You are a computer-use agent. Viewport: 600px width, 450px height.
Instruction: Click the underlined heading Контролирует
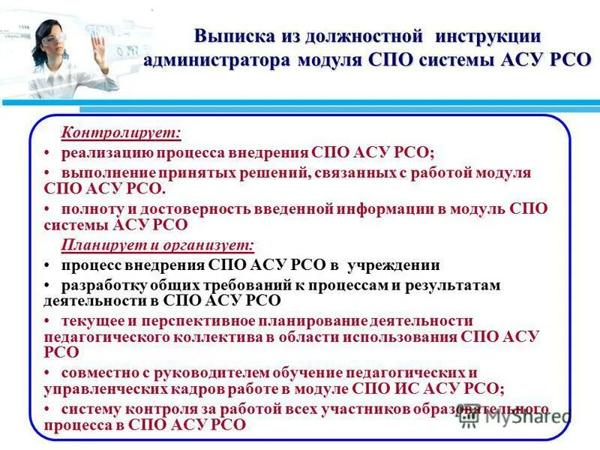[121, 133]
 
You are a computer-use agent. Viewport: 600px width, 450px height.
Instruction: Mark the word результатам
[453, 286]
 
